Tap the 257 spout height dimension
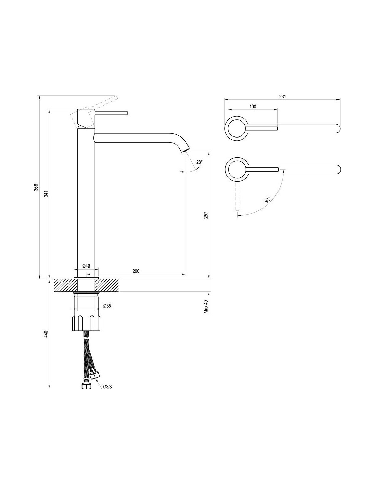click(205, 216)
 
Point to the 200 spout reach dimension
click(136, 271)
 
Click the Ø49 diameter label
click(86, 266)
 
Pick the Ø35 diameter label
click(107, 306)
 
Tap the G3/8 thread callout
click(108, 387)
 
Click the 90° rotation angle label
click(267, 200)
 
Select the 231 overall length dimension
click(282, 97)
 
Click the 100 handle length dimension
click(253, 107)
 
